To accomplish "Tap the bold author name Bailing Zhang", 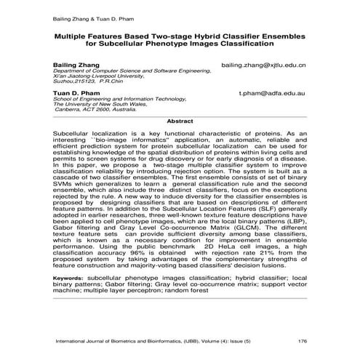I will click(x=75, y=65).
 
